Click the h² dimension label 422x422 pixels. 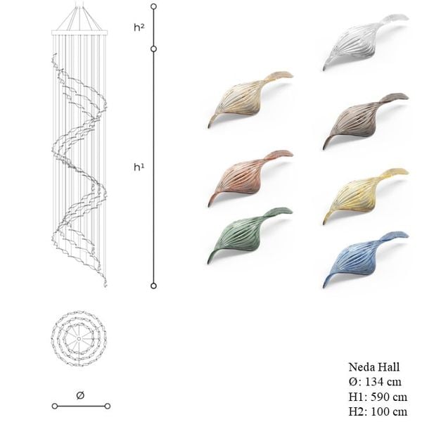(139, 27)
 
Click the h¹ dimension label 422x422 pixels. (139, 167)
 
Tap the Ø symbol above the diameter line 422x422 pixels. (80, 395)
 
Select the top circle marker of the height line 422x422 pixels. (153, 6)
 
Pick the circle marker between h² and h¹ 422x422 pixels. (153, 49)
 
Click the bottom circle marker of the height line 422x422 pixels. (153, 286)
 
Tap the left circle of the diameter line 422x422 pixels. (55, 406)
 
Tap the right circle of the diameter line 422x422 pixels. (108, 406)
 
